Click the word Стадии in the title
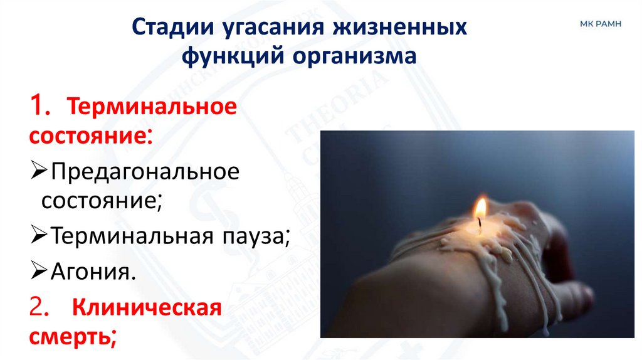tap(172, 29)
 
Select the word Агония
tap(93, 272)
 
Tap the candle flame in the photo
tap(481, 208)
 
